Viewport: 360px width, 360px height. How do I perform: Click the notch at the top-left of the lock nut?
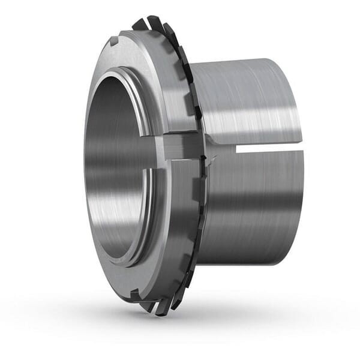[x=114, y=43]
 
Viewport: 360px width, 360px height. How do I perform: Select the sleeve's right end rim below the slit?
[x=301, y=198]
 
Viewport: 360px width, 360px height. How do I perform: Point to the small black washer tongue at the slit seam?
[x=206, y=158]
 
